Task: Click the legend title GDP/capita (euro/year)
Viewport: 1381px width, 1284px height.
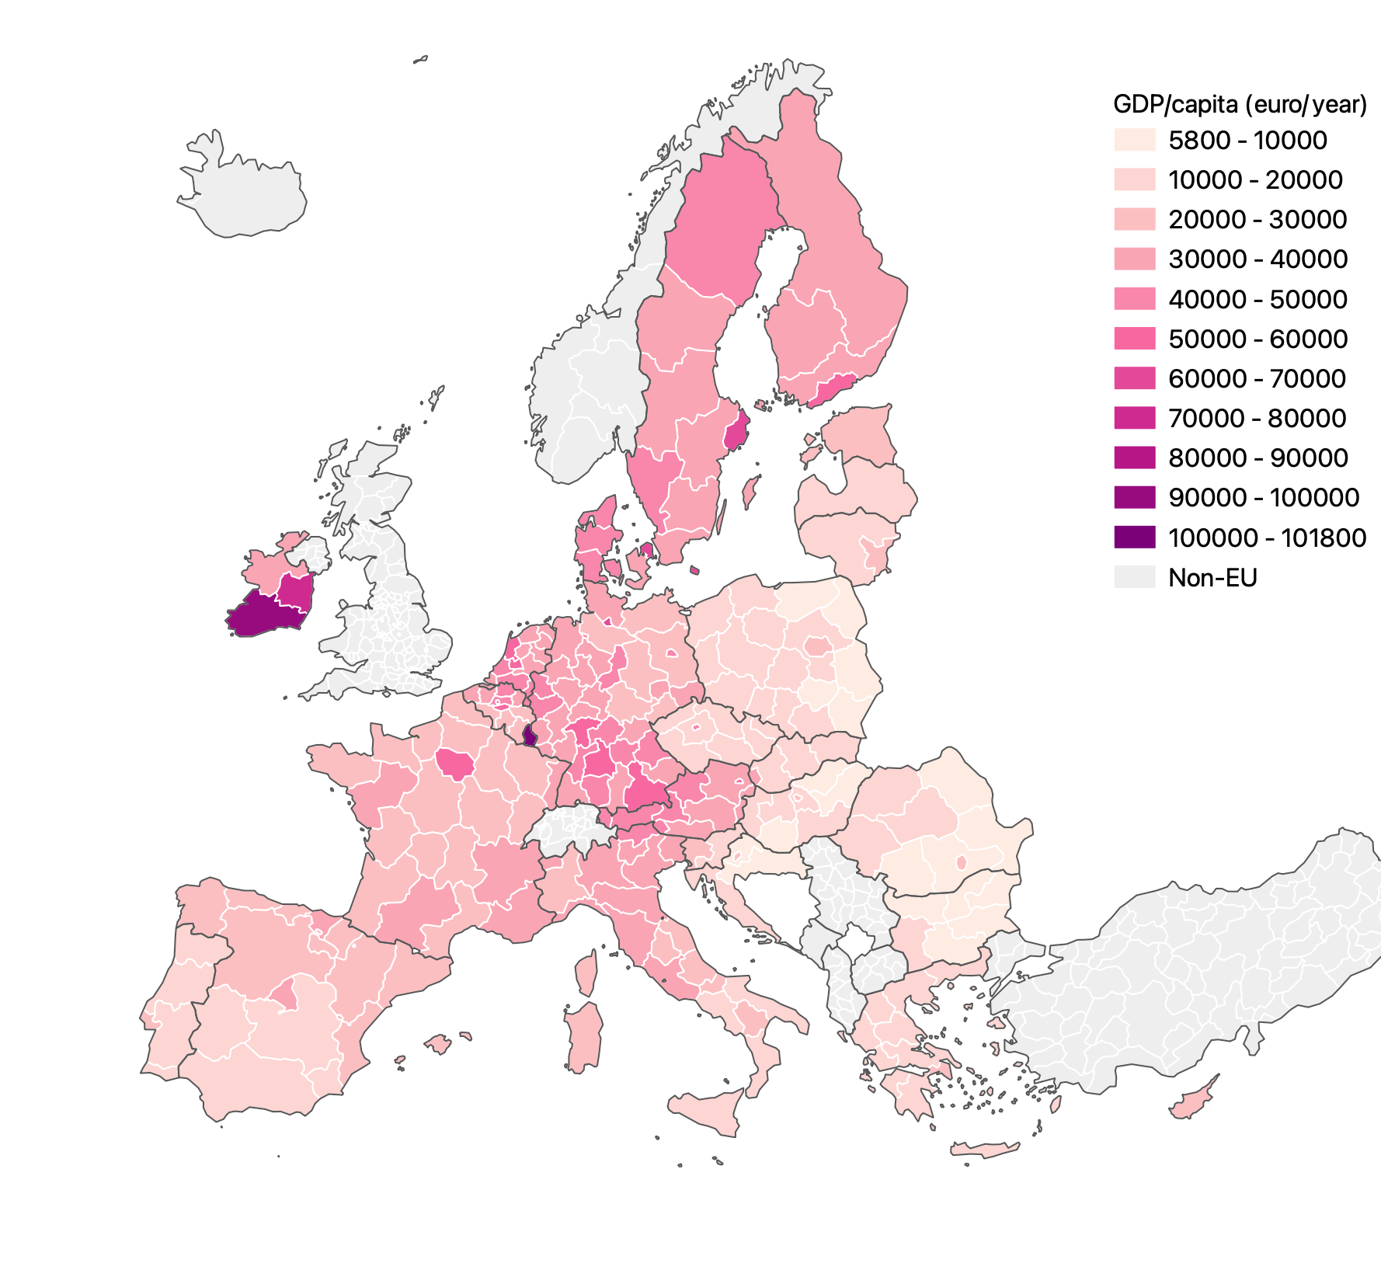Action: coord(1240,104)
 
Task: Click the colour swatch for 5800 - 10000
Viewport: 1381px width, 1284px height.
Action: coord(1134,140)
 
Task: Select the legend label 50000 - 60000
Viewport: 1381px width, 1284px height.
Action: coord(1258,339)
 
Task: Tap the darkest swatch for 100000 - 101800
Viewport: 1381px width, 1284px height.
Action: coord(1134,537)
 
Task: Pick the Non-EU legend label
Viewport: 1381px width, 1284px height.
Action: coord(1212,577)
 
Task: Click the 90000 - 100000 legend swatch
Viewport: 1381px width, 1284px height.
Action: coord(1134,497)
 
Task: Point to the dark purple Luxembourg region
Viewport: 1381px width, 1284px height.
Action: coord(530,735)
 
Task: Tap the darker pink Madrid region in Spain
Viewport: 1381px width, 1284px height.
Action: coord(285,995)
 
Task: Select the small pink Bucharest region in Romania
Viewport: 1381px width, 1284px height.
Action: coord(961,862)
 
